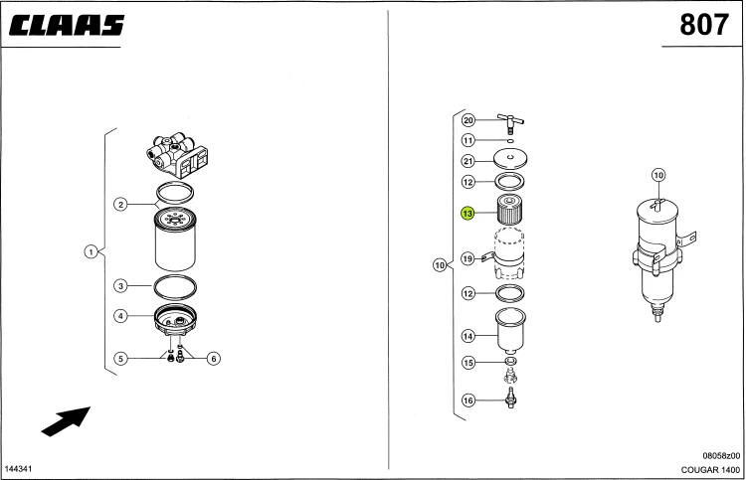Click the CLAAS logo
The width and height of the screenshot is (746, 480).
[67, 26]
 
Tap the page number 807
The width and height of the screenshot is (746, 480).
[704, 25]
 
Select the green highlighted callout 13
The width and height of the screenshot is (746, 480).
[467, 214]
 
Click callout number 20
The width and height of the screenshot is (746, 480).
[468, 120]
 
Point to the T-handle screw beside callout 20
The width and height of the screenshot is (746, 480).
[510, 123]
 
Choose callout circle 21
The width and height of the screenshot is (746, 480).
[468, 161]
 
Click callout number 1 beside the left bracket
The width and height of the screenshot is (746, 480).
[91, 251]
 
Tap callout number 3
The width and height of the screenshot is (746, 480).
[120, 286]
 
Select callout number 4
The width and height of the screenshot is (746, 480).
[120, 316]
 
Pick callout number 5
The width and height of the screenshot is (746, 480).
[120, 359]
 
